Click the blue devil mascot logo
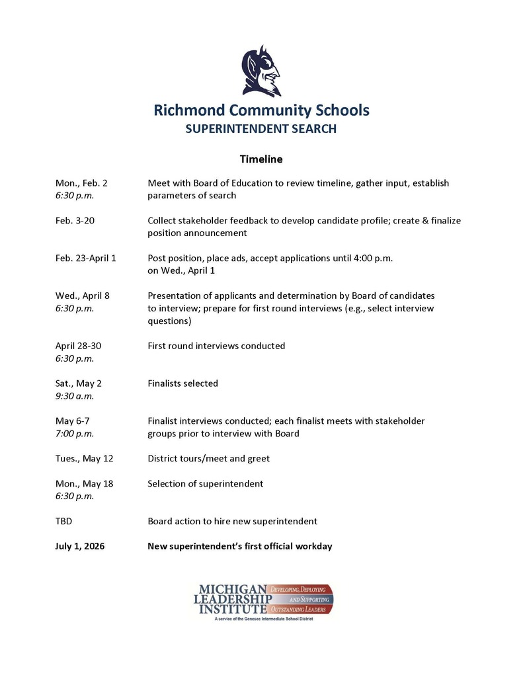tap(261, 71)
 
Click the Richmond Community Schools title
tap(261, 110)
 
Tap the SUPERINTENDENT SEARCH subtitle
tap(261, 129)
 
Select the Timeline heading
tap(261, 159)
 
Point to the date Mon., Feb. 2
tap(81, 183)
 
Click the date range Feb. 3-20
tap(75, 220)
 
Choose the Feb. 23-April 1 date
tap(86, 258)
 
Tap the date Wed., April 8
tap(83, 296)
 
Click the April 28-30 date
tap(79, 346)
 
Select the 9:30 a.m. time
tap(75, 396)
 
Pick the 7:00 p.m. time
tap(75, 434)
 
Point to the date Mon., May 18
tap(85, 483)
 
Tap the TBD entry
tap(64, 521)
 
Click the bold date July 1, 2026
tap(80, 546)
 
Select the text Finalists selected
tap(182, 383)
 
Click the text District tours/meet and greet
tap(208, 458)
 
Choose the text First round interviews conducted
tap(216, 346)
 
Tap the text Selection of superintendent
tap(205, 483)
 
